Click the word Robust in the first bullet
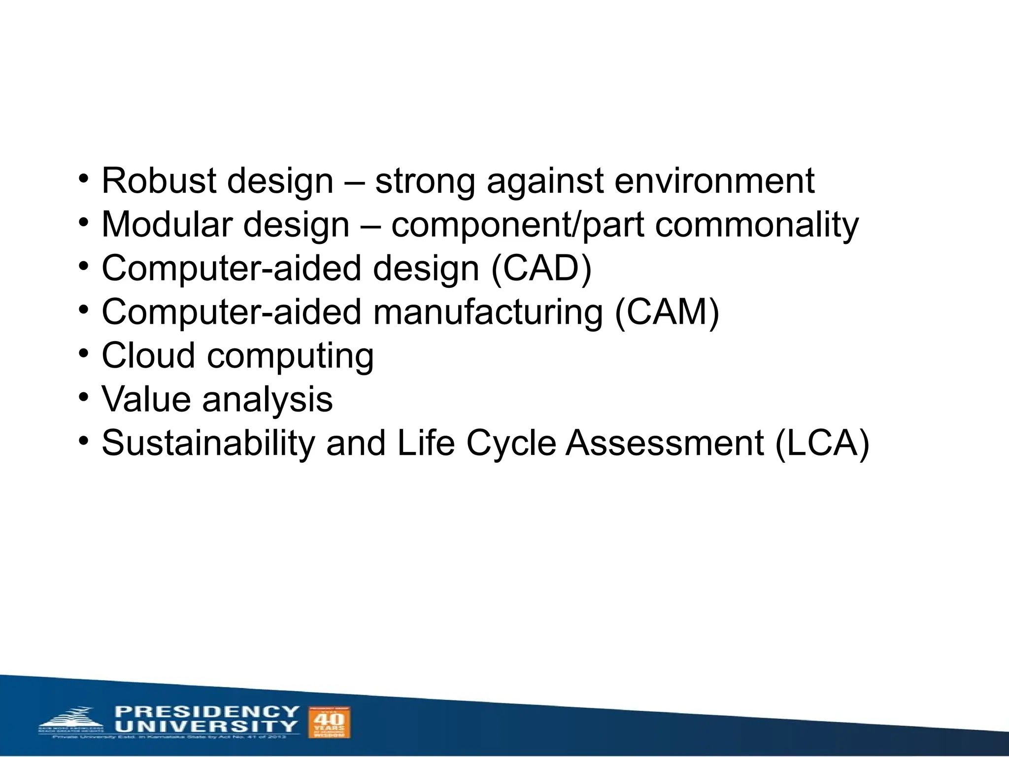tap(159, 181)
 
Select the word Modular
tap(167, 225)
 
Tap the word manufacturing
tap(488, 312)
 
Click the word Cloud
tap(148, 356)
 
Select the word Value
tap(146, 399)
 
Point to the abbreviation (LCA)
tap(822, 443)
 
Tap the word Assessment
tap(665, 443)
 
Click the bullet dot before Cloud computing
tap(84, 353)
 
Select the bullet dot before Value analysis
tap(84, 397)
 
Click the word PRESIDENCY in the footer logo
tap(207, 712)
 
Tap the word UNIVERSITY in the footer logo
tap(207, 726)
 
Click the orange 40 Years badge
tap(329, 722)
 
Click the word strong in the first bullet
tap(425, 181)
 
